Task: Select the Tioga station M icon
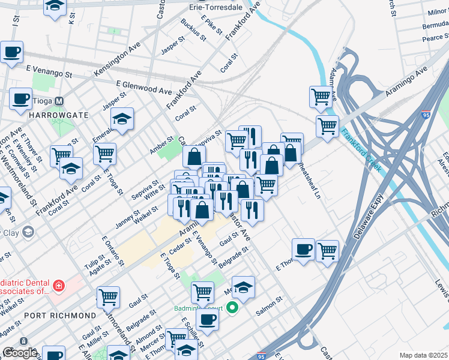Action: (x=59, y=101)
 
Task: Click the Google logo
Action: (x=20, y=353)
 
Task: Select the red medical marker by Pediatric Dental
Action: (x=59, y=286)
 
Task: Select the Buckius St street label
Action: (x=193, y=30)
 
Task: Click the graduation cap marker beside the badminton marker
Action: (x=243, y=287)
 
